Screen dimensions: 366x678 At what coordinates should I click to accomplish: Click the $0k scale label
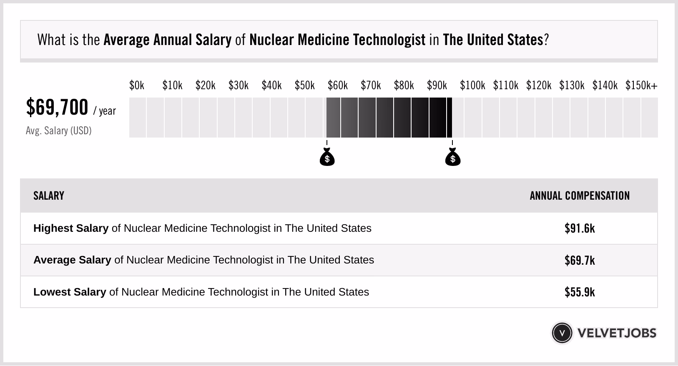[x=137, y=85]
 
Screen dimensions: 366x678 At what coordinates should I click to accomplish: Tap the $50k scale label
[x=304, y=85]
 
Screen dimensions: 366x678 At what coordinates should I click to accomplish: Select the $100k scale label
[x=472, y=85]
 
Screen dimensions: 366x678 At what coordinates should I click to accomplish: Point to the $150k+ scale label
[x=641, y=85]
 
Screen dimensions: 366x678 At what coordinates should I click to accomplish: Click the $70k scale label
[x=371, y=85]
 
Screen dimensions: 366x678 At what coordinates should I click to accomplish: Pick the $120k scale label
[x=539, y=85]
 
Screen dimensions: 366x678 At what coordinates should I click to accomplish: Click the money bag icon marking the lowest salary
[x=327, y=158]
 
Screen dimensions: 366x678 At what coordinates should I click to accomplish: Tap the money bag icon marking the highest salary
[x=453, y=158]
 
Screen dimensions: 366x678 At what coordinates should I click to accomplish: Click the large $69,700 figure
[x=57, y=108]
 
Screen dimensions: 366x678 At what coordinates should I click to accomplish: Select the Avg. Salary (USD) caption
[x=59, y=131]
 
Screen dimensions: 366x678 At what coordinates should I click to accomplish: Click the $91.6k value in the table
[x=580, y=228]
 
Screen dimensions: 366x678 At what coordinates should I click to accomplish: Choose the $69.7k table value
[x=580, y=261]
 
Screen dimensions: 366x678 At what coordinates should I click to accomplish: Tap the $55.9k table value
[x=580, y=292]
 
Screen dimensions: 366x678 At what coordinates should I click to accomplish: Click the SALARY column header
[x=49, y=196]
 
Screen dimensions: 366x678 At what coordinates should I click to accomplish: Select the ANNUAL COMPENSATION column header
[x=580, y=196]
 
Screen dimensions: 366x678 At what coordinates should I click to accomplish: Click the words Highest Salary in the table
[x=71, y=228]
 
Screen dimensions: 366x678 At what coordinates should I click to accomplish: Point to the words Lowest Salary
[x=70, y=292]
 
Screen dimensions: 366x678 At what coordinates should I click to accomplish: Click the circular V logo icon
[x=562, y=333]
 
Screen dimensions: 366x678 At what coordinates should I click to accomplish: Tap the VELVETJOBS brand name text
[x=617, y=333]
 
